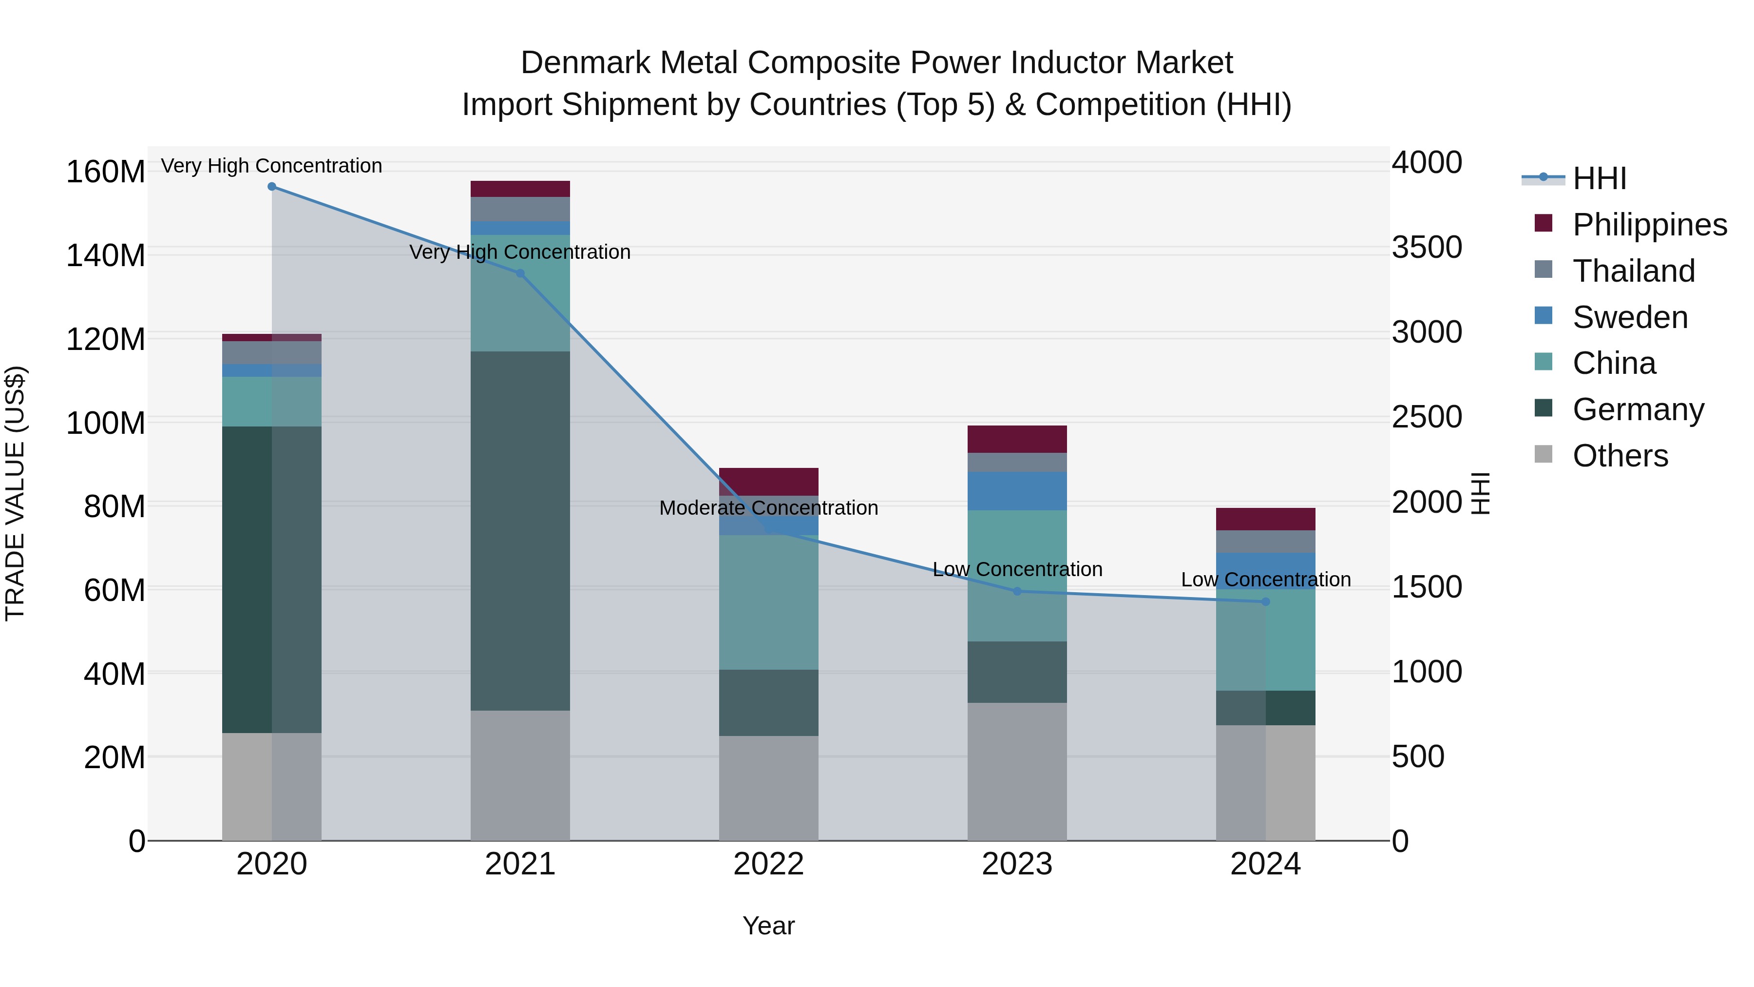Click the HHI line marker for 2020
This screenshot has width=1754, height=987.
(272, 187)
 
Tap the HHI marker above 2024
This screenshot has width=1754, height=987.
(1266, 602)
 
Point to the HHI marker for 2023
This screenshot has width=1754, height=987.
(1017, 592)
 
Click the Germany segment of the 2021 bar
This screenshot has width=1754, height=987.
(520, 531)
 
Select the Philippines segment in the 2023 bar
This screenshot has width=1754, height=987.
(1017, 439)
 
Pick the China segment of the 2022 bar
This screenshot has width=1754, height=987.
(769, 603)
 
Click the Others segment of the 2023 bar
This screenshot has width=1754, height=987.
(1017, 772)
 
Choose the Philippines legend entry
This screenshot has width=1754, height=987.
(1649, 225)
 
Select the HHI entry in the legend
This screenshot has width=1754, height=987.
(1599, 178)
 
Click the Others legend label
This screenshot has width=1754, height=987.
(1620, 456)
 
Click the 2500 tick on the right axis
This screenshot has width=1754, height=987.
(1427, 417)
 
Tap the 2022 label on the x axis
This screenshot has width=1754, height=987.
(769, 864)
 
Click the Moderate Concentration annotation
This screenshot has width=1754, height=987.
(769, 508)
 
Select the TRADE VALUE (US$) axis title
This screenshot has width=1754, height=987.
(16, 493)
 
